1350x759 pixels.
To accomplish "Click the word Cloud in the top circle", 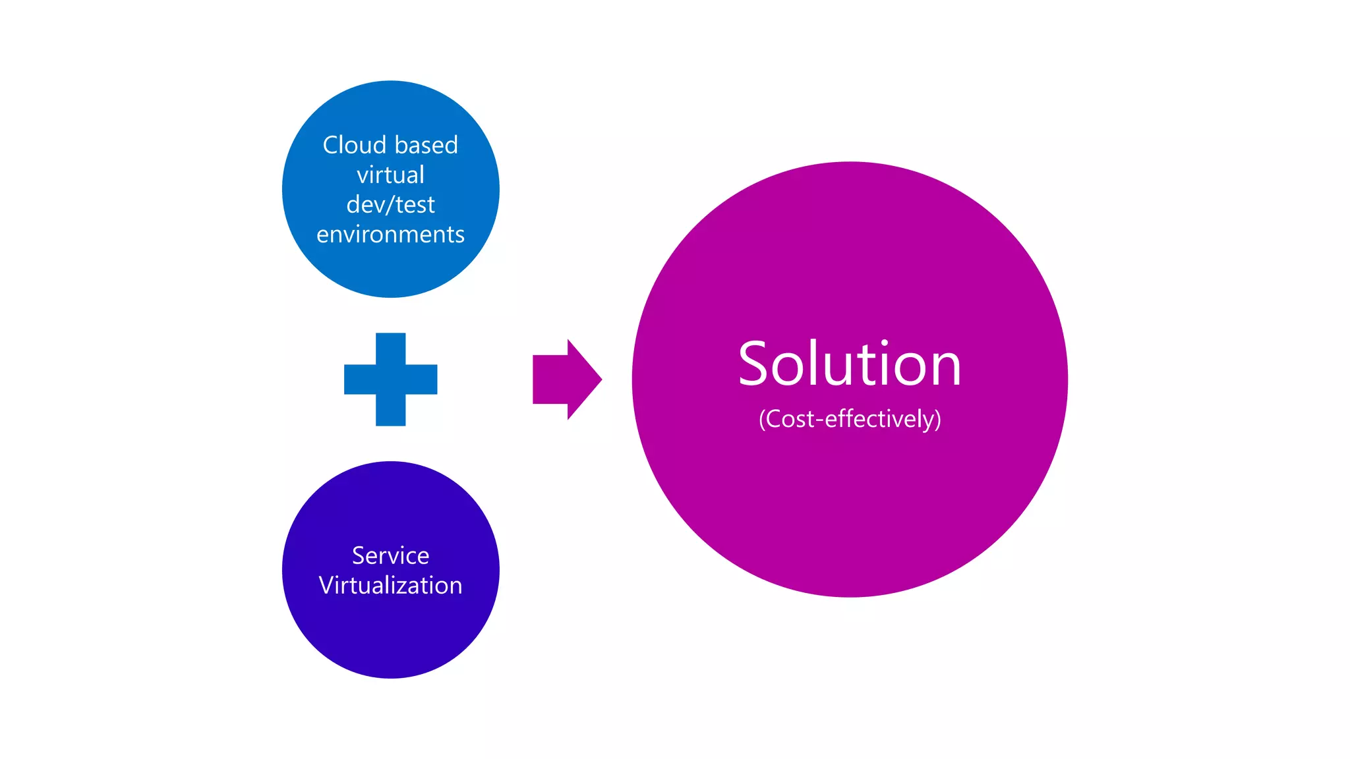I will [354, 145].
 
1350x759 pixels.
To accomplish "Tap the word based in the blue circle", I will [426, 145].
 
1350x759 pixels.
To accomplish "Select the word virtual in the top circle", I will [390, 175].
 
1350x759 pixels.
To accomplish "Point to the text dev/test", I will [390, 205].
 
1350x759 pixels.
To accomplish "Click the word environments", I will [390, 235].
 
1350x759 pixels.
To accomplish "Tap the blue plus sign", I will [390, 379].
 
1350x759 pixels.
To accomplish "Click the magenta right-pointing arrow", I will [566, 379].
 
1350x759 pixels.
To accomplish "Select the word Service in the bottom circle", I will [390, 555].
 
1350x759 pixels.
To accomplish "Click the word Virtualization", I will [390, 585].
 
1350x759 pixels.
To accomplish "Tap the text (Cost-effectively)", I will [850, 419].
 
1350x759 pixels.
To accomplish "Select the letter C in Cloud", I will [331, 145].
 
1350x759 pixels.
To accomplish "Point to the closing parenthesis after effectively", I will [937, 420].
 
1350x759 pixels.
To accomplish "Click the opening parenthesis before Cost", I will [762, 420].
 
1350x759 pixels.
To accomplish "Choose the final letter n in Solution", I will [945, 369].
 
